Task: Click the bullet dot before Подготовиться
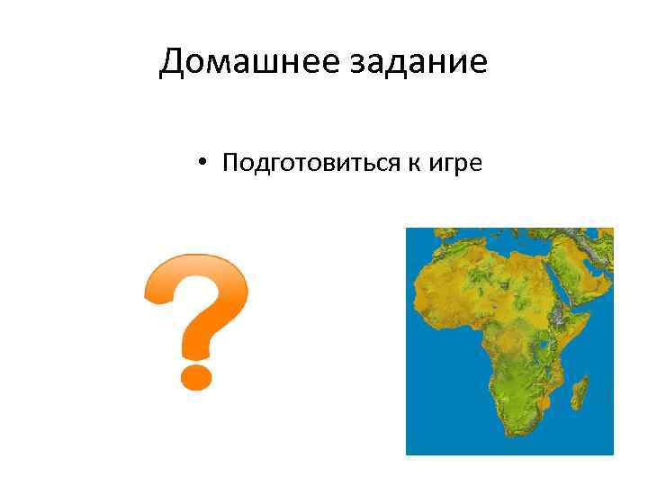point(205,164)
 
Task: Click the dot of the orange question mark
point(196,373)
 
